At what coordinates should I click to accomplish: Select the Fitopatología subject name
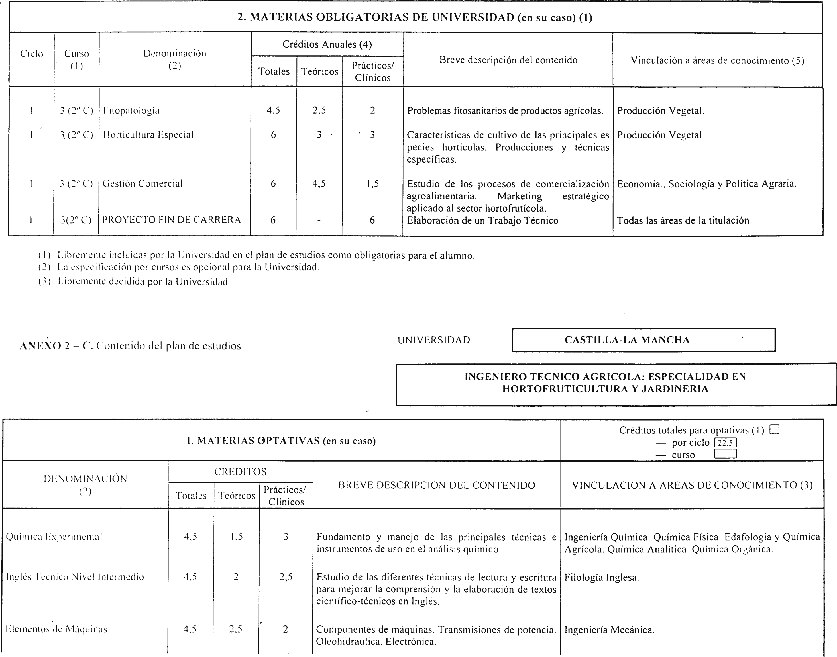pyautogui.click(x=131, y=111)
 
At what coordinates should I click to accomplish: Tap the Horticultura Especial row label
pyautogui.click(x=148, y=135)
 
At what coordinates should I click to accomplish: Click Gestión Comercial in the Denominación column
pyautogui.click(x=142, y=184)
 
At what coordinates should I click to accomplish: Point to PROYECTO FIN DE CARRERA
pyautogui.click(x=172, y=220)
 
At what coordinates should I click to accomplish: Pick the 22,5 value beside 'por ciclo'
pyautogui.click(x=725, y=443)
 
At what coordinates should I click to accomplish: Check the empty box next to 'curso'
pyautogui.click(x=725, y=454)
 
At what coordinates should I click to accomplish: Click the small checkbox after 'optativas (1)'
pyautogui.click(x=774, y=430)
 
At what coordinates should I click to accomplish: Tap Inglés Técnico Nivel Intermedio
pyautogui.click(x=75, y=577)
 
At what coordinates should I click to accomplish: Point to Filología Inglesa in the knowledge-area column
pyautogui.click(x=602, y=577)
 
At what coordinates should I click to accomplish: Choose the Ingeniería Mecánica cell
pyautogui.click(x=609, y=630)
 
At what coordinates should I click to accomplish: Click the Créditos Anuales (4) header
pyautogui.click(x=327, y=45)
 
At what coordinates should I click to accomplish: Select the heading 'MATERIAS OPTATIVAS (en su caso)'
pyautogui.click(x=281, y=441)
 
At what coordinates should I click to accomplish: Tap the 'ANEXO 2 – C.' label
pyautogui.click(x=56, y=346)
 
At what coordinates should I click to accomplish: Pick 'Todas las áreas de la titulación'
pyautogui.click(x=683, y=221)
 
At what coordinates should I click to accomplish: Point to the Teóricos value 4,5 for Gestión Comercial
pyautogui.click(x=319, y=184)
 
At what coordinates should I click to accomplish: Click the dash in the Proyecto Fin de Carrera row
pyautogui.click(x=319, y=221)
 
